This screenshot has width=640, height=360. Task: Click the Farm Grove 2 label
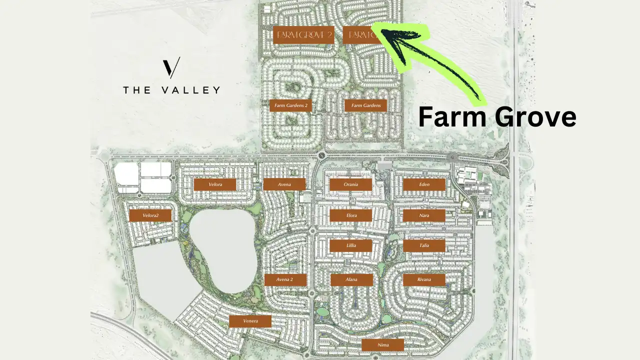point(303,35)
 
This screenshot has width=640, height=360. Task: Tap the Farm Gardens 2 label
point(290,105)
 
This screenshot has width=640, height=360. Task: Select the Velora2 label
point(150,215)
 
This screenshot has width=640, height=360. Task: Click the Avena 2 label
point(285,279)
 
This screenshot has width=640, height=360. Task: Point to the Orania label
point(350,184)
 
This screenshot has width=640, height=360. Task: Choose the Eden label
point(424,184)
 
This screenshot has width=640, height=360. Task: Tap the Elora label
point(351,215)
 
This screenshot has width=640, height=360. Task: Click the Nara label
point(424,215)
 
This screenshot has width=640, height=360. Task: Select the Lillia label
point(351,246)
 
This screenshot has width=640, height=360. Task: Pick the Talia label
point(424,246)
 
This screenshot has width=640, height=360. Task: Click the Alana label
point(351,279)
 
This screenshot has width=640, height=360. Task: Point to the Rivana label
point(424,279)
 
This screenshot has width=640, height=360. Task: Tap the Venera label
point(250,321)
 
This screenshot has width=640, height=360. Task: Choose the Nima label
point(383,344)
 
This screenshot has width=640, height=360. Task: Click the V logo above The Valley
point(171,68)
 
